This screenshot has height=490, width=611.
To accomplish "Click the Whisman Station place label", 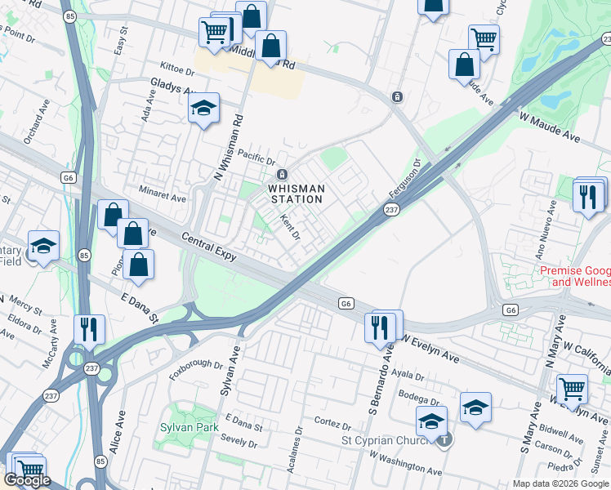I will tap(297, 194).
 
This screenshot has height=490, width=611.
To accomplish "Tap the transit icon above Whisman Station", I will tap(282, 174).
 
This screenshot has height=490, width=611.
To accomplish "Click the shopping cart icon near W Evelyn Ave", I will tap(573, 388).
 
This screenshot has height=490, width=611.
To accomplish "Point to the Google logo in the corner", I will tap(27, 480).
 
